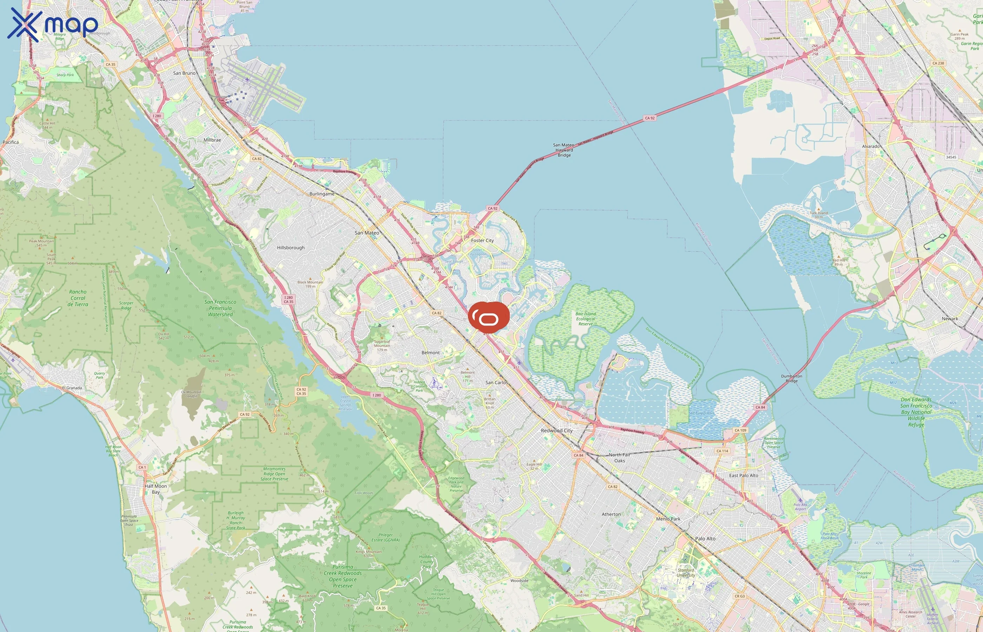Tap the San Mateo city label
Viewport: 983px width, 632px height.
coord(367,233)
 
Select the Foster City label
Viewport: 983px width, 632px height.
coord(482,241)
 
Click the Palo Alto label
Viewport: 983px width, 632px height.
coord(705,539)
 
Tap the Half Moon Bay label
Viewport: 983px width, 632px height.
coord(156,489)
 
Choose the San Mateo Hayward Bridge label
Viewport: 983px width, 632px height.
coord(564,150)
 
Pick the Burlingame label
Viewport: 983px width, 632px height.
coord(322,194)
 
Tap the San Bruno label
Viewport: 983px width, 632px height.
coord(184,73)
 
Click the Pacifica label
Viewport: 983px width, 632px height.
coord(11,142)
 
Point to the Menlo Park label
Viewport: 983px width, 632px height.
coord(668,519)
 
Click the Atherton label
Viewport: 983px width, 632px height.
coord(611,514)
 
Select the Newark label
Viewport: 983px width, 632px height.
coord(950,318)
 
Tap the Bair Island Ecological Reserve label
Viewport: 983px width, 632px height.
coord(586,319)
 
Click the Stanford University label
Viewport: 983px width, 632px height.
coord(686,573)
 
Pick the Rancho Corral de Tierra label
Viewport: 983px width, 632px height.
coord(78,298)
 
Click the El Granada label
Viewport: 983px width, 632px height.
coord(72,388)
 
